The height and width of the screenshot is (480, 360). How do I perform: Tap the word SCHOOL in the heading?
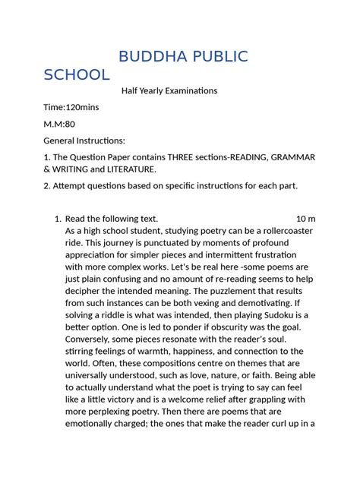click(x=77, y=74)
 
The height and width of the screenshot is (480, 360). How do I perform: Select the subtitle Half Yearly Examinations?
click(x=169, y=90)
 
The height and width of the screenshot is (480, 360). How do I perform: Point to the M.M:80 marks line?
click(x=60, y=124)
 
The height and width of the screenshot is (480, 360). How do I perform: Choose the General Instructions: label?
click(x=84, y=141)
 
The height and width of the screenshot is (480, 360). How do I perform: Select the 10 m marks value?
click(x=305, y=219)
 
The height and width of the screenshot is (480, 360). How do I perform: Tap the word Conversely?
click(x=90, y=338)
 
